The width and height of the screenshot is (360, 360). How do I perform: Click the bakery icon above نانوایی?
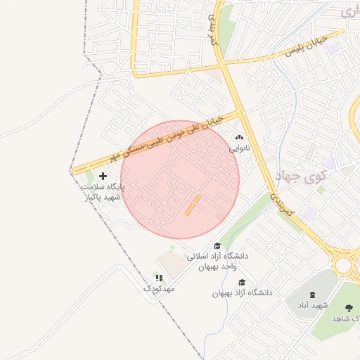pos(238,139)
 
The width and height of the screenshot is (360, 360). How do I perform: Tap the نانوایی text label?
pos(238,149)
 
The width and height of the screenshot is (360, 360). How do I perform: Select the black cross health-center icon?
pos(103,176)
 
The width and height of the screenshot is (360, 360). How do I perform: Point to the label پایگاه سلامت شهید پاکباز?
pos(103,193)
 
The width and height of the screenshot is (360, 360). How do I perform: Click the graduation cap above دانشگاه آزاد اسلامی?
pos(217,246)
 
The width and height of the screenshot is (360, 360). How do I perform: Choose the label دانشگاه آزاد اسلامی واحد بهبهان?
pos(217,262)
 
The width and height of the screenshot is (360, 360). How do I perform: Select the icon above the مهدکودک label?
pos(159,278)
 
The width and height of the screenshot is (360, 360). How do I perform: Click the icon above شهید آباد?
pos(312,295)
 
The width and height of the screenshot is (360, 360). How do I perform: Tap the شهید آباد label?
pos(311,305)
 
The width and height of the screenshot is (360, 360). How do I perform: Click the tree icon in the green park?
pos(349,307)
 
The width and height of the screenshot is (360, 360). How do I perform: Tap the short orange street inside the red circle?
pos(193,205)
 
